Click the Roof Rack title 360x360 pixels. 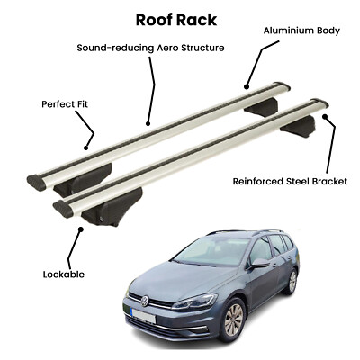tap(176, 20)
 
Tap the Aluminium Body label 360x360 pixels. tap(301, 31)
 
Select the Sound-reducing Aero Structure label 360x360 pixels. tap(150, 48)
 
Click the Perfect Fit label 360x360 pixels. tap(65, 104)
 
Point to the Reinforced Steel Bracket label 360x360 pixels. tap(290, 182)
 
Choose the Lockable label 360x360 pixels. tap(64, 274)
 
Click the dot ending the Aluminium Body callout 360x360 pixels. tap(247, 87)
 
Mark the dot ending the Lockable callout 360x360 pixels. tap(80, 229)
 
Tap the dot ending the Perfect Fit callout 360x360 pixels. tap(86, 148)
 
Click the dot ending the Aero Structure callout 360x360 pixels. tap(148, 123)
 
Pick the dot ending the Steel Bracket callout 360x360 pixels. tap(325, 116)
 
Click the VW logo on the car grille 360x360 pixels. tap(145, 301)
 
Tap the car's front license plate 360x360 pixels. tap(143, 316)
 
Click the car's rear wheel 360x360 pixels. tap(292, 281)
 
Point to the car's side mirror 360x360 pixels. tap(259, 263)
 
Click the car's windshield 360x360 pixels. tap(211, 251)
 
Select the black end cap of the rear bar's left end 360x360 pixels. tap(37, 183)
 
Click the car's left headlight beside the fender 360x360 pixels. tap(195, 301)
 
